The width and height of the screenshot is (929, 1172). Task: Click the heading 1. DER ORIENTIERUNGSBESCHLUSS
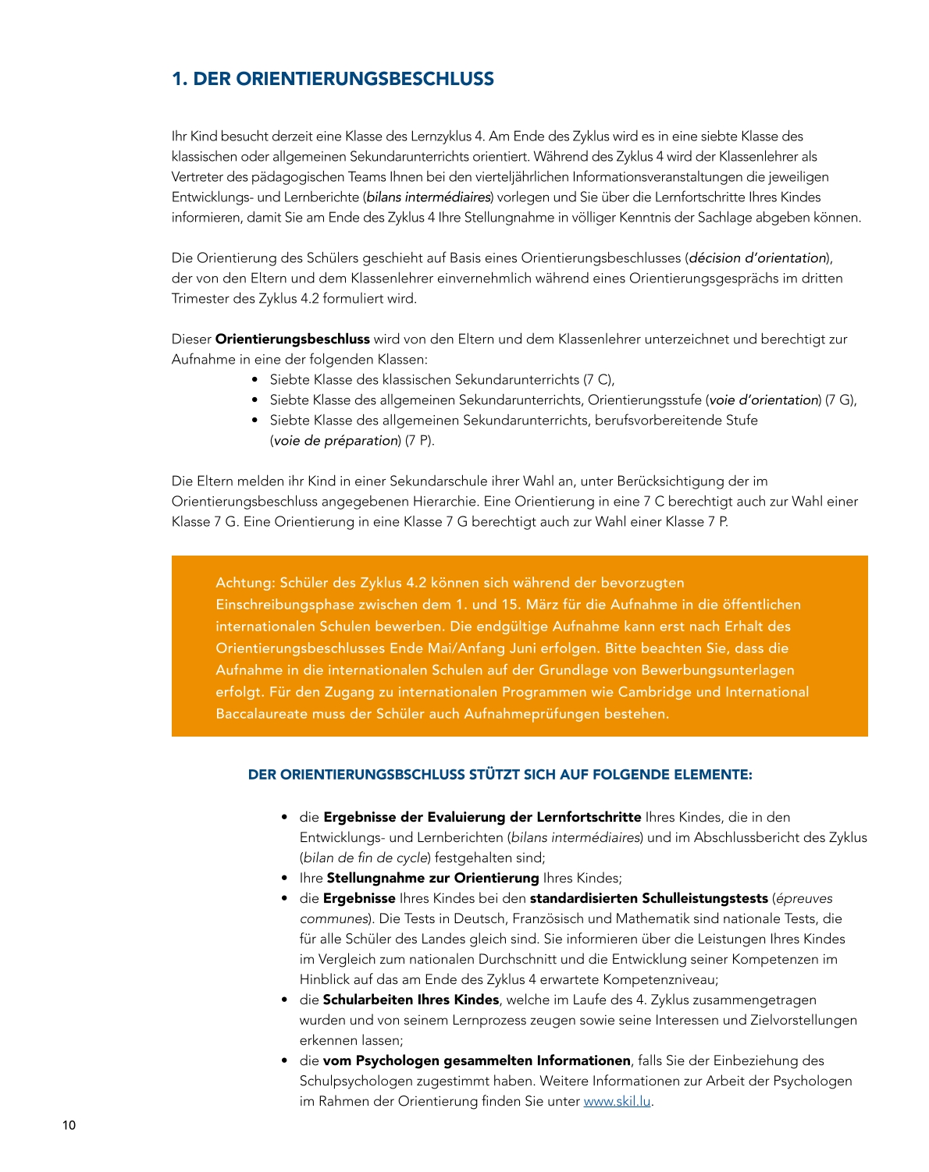(333, 79)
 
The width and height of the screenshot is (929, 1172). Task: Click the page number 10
(69, 1125)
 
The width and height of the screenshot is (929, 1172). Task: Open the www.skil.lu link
(617, 1101)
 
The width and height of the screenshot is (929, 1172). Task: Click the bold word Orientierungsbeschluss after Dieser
(292, 339)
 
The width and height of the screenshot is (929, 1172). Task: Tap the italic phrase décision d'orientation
(757, 257)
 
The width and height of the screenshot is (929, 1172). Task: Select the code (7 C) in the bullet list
(598, 379)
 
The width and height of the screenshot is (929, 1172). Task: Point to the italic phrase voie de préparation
(336, 440)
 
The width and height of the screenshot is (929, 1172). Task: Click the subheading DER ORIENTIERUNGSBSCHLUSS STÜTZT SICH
(500, 774)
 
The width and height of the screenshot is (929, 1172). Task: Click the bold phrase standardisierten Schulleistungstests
(649, 898)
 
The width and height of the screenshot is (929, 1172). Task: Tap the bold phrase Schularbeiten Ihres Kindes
(411, 1000)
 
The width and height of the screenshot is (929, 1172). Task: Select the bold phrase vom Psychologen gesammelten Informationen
(476, 1060)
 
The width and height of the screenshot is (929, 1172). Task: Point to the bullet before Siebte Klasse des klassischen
(255, 380)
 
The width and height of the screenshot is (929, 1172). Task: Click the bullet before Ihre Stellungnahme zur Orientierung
(285, 878)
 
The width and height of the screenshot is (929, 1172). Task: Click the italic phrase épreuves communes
(804, 898)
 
